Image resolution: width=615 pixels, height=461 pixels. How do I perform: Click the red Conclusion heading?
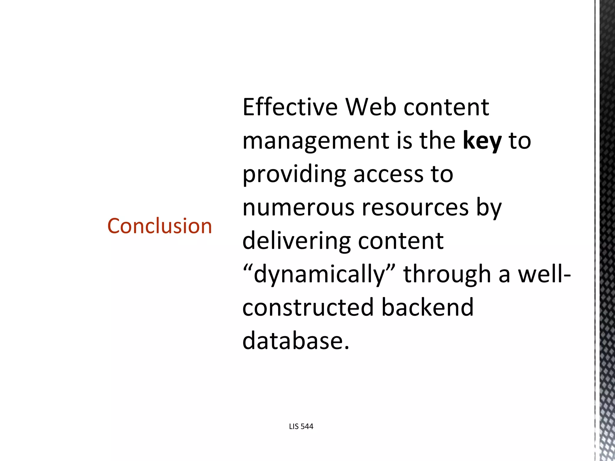[x=159, y=226]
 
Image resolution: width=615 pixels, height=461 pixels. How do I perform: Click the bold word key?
[x=482, y=141]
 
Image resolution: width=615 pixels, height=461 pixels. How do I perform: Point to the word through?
[x=447, y=274]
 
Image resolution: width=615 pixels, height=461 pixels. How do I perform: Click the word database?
[x=296, y=341]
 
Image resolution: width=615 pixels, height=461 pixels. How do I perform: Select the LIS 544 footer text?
[x=301, y=426]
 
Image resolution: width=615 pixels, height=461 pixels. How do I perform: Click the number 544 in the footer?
[x=307, y=426]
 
